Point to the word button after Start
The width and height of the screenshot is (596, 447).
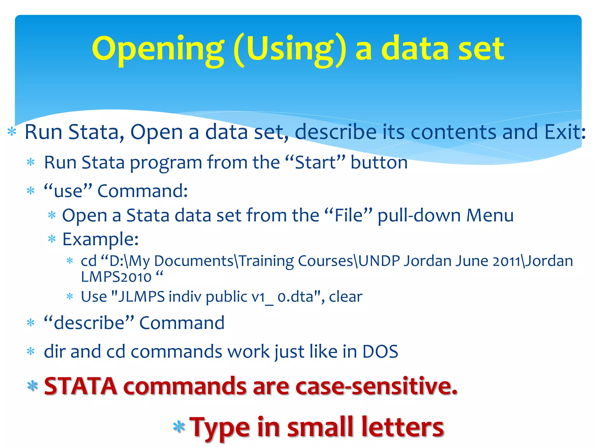[379, 162]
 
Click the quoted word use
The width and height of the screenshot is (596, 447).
[68, 191]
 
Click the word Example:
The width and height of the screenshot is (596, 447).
[100, 240]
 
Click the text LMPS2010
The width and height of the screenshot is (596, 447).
[116, 277]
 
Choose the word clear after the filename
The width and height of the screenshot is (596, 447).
[345, 297]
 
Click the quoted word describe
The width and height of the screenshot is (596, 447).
[89, 323]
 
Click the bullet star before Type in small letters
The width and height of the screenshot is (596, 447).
[179, 427]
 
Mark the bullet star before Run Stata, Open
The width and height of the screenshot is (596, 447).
[12, 132]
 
